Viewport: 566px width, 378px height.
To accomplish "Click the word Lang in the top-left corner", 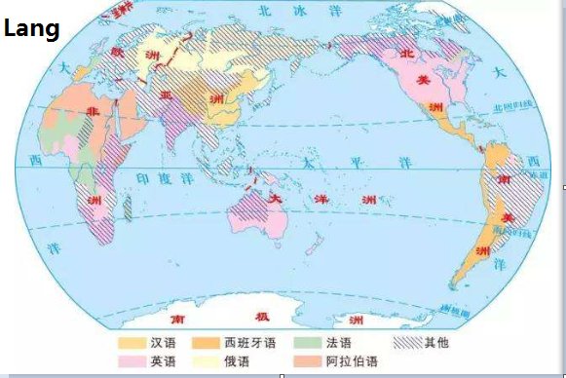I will [x=31, y=29].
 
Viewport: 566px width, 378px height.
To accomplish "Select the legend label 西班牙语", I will [x=250, y=343].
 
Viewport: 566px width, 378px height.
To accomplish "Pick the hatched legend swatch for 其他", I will [x=407, y=343].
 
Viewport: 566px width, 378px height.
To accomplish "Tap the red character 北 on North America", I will [x=410, y=52].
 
